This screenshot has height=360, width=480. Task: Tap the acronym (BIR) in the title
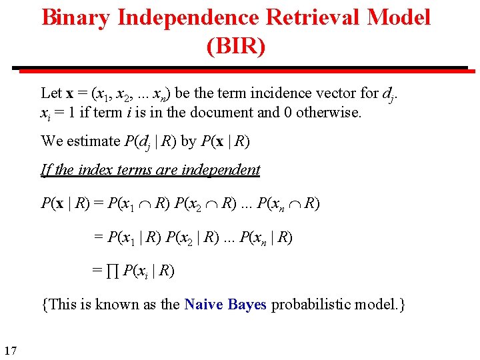(x=236, y=47)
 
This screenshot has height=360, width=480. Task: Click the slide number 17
(x=10, y=351)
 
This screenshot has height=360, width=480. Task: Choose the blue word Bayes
(x=247, y=305)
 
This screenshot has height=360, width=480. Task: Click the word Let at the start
(x=51, y=93)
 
